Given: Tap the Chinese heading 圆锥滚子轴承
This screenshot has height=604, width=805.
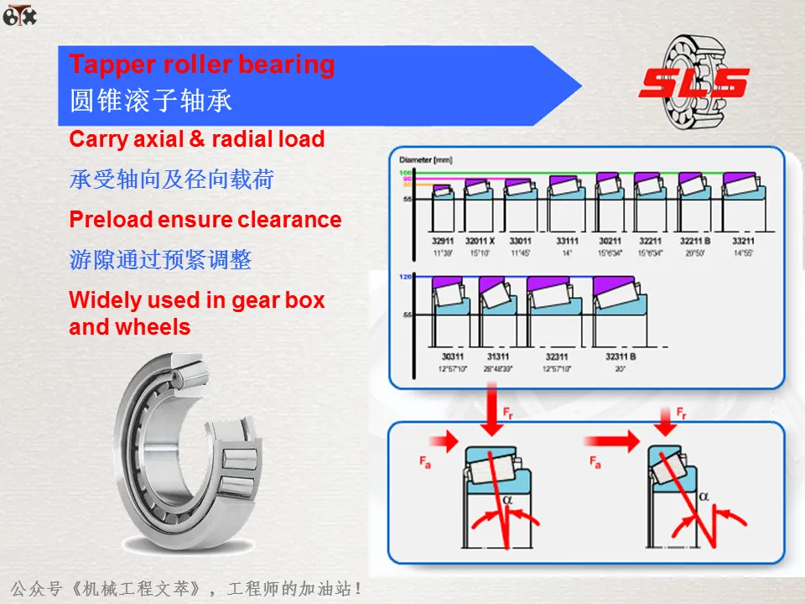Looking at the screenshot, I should pyautogui.click(x=151, y=102).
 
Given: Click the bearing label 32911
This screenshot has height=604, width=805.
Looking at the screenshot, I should pyautogui.click(x=442, y=240).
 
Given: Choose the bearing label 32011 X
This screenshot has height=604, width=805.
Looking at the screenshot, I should pyautogui.click(x=480, y=240).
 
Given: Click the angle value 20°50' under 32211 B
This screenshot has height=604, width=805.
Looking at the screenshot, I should pyautogui.click(x=694, y=252).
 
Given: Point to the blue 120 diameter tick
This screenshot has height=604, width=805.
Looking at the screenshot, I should pyautogui.click(x=407, y=276).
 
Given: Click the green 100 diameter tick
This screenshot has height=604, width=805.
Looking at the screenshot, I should pyautogui.click(x=406, y=173).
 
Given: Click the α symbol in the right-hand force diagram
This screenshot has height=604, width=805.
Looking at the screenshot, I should pyautogui.click(x=704, y=496).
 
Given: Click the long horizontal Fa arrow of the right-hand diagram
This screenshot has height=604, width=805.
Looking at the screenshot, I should pyautogui.click(x=611, y=439).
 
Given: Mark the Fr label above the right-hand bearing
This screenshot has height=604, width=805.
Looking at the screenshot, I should pyautogui.click(x=682, y=413).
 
